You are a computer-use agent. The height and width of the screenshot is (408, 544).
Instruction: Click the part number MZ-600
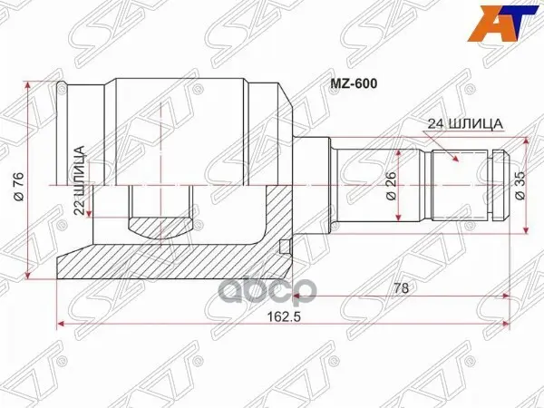pos(354,84)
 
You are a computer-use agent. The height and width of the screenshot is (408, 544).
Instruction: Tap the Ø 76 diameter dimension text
pos(18,186)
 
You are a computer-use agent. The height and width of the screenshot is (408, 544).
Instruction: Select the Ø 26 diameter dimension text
pos(391,185)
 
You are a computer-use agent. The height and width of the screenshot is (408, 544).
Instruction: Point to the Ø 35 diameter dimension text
pos(520,185)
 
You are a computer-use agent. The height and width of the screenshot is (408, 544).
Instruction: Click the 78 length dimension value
pos(402,288)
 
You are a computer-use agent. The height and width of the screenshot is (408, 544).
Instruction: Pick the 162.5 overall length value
pos(283,316)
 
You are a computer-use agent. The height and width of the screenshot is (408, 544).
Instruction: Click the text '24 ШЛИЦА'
pos(465,124)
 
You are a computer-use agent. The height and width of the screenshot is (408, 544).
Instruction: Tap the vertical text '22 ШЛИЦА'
pos(80,180)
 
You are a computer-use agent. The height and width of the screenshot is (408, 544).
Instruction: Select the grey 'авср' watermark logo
pos(269,290)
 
